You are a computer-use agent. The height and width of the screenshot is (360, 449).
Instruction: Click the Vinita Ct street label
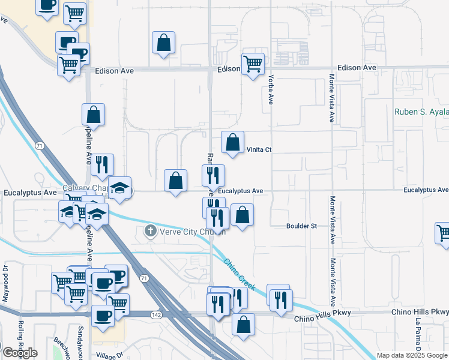[x=259, y=150]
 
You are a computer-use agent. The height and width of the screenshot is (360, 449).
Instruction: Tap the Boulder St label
[x=301, y=226]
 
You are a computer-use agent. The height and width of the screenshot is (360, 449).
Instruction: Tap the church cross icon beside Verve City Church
[x=151, y=230]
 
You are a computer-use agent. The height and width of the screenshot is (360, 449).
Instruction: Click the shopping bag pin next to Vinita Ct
[x=232, y=143]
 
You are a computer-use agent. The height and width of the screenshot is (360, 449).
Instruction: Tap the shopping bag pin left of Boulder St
[x=242, y=215]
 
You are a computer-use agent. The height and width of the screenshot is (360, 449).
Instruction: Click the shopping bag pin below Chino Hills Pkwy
[x=243, y=324]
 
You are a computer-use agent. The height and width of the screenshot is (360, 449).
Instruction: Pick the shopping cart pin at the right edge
[x=443, y=234]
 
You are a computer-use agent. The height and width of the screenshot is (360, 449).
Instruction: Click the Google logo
[x=19, y=353]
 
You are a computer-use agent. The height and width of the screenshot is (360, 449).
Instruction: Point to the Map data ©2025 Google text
[x=412, y=355]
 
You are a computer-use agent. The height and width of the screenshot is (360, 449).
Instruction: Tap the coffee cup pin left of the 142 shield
[x=103, y=316]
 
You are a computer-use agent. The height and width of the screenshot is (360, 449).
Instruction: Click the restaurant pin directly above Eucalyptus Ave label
[x=213, y=175]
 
